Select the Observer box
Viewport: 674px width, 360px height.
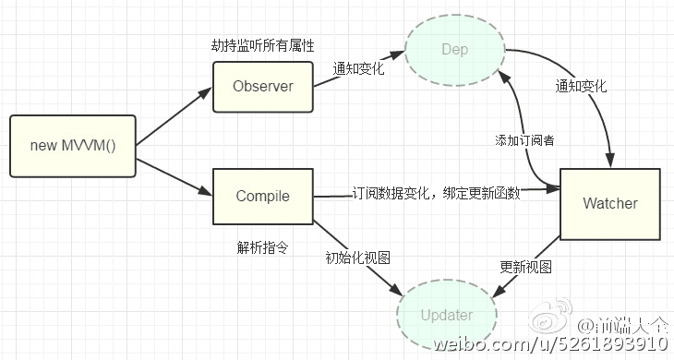pos(262,87)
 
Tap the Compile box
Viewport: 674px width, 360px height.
pos(262,196)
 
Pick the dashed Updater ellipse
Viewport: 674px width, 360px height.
pos(446,315)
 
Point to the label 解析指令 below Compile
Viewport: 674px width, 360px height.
pos(259,247)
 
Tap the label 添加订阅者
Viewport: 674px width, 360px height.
pos(524,140)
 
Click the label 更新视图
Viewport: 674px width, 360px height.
pos(525,267)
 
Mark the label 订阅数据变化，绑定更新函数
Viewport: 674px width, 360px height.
pos(435,194)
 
